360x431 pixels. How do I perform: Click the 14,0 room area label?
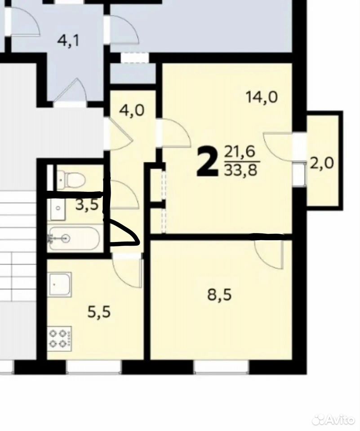tap(262, 97)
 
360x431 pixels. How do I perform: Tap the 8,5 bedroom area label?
tap(219, 295)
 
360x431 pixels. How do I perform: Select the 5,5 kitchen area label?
tap(99, 312)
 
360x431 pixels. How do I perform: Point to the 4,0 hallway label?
tap(132, 111)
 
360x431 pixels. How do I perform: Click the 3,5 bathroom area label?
tap(87, 205)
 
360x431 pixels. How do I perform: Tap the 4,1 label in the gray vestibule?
tap(68, 41)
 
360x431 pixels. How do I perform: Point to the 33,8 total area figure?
tap(241, 171)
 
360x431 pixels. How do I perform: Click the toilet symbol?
tap(71, 178)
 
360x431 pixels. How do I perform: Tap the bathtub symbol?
tap(74, 239)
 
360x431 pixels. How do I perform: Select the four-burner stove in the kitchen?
tap(61, 338)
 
